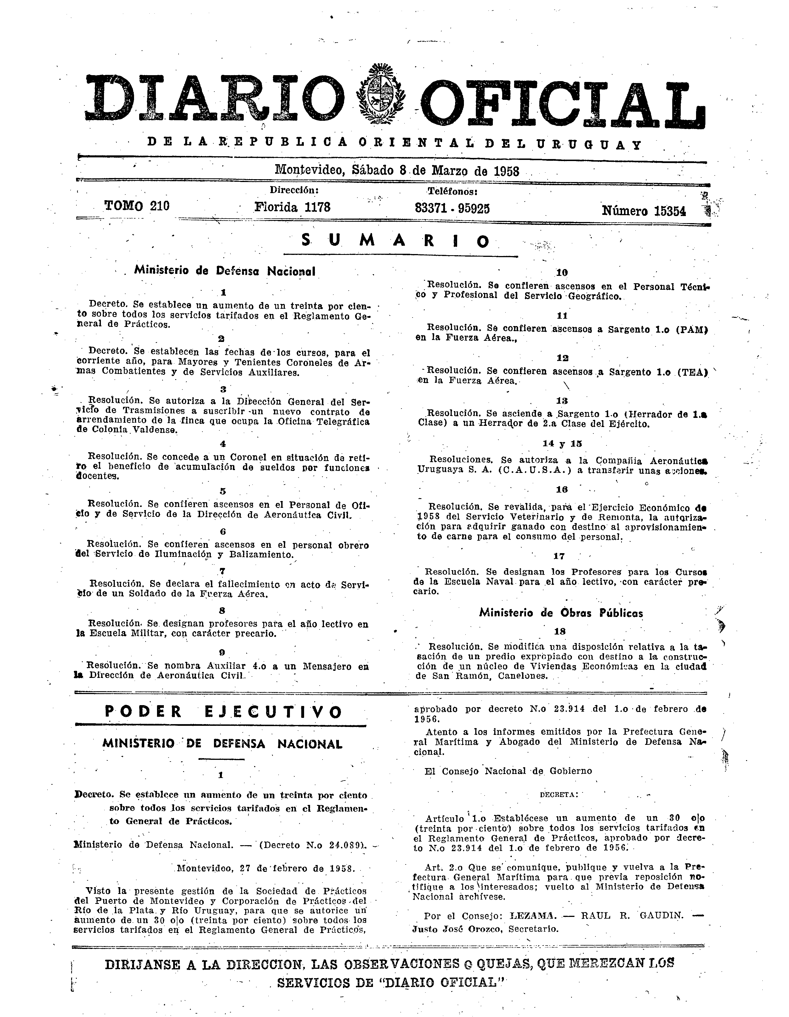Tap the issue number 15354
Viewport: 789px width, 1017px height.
pyautogui.click(x=670, y=212)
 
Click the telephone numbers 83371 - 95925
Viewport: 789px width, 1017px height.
pyautogui.click(x=452, y=208)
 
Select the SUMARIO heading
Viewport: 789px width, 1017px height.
pyautogui.click(x=396, y=241)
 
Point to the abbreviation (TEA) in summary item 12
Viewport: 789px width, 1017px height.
pyautogui.click(x=691, y=372)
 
